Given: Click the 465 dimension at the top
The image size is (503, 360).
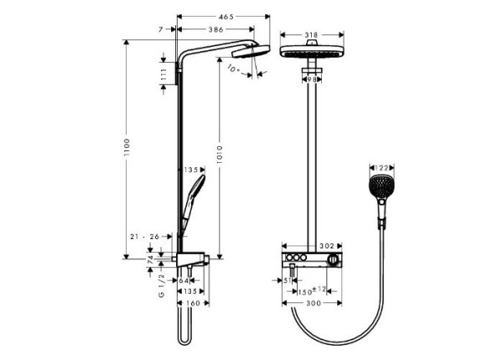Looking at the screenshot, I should (226, 17).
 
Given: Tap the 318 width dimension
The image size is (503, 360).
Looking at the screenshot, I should (312, 35).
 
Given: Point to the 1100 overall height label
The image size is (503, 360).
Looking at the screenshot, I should (127, 150).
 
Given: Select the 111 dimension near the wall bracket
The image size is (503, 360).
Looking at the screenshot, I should (163, 76).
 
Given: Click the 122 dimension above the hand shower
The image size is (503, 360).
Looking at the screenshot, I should (381, 168).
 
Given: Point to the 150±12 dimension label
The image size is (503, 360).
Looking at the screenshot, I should (314, 290).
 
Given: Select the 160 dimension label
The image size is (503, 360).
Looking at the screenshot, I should (192, 302).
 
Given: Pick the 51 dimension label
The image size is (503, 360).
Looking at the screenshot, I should (288, 280).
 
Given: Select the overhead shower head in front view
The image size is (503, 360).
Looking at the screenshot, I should (312, 51).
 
